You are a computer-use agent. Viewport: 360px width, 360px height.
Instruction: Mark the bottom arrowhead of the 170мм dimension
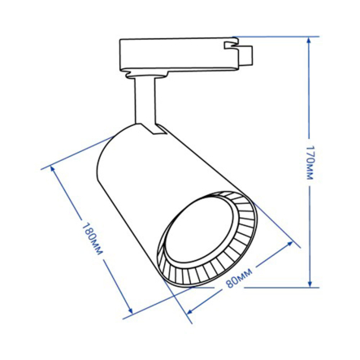(x=310, y=284)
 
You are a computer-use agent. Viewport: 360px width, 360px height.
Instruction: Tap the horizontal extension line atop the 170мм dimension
(x=276, y=37)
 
